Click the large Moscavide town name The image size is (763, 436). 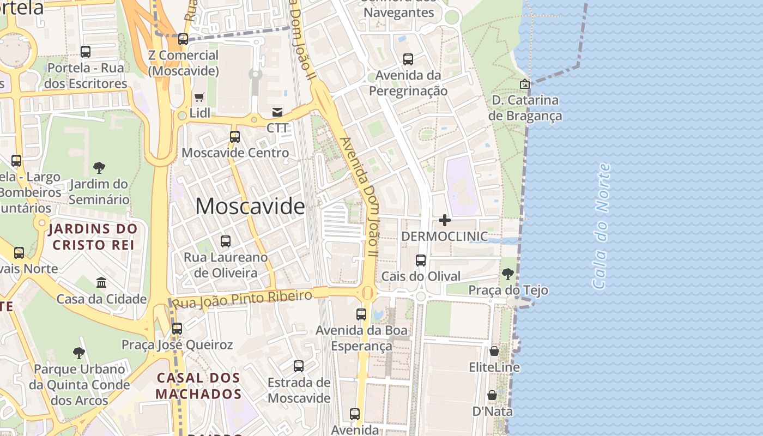(x=250, y=206)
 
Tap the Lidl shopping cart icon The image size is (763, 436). (x=199, y=98)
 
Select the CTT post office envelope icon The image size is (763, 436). (x=277, y=112)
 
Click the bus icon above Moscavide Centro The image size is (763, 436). (x=235, y=136)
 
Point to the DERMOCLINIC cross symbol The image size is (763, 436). (x=445, y=220)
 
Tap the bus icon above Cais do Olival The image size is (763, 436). (x=421, y=261)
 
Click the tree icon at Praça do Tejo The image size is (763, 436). (x=508, y=274)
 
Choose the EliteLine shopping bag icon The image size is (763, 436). (x=494, y=351)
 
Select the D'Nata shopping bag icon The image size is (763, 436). (x=492, y=395)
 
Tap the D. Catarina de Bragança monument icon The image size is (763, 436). (x=525, y=84)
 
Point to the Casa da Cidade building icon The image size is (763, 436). (x=101, y=282)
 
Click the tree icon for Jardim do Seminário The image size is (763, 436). (x=99, y=167)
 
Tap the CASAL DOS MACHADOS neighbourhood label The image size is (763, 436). (x=198, y=385)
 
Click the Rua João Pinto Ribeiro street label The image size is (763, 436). (x=243, y=299)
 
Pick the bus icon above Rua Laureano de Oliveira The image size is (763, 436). (x=226, y=241)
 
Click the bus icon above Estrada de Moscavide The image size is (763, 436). (x=299, y=366)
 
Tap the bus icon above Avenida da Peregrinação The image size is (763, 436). (x=408, y=59)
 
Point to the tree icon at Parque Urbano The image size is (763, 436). (x=79, y=353)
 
